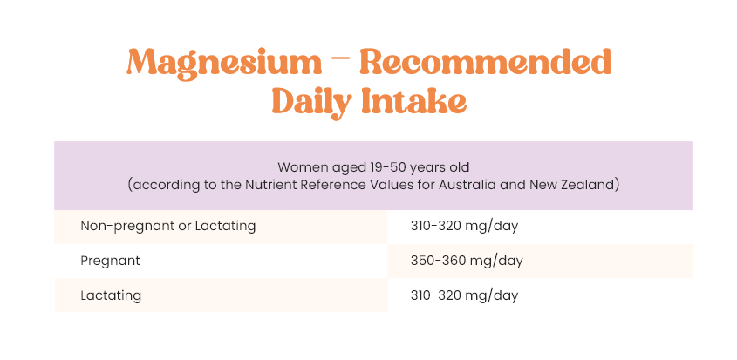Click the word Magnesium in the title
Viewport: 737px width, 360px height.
(224, 64)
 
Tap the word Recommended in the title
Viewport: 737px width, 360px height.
(486, 62)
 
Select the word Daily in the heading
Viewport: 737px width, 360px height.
(311, 102)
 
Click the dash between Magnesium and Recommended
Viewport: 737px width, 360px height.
(341, 62)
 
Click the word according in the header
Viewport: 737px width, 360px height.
(165, 186)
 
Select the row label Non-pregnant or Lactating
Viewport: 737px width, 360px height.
(168, 227)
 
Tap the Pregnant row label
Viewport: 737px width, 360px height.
(111, 262)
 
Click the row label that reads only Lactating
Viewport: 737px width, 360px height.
(111, 295)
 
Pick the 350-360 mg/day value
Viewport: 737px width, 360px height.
(467, 262)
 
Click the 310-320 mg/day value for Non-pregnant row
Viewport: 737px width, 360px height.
(464, 227)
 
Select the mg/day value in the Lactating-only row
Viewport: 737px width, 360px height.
(464, 296)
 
